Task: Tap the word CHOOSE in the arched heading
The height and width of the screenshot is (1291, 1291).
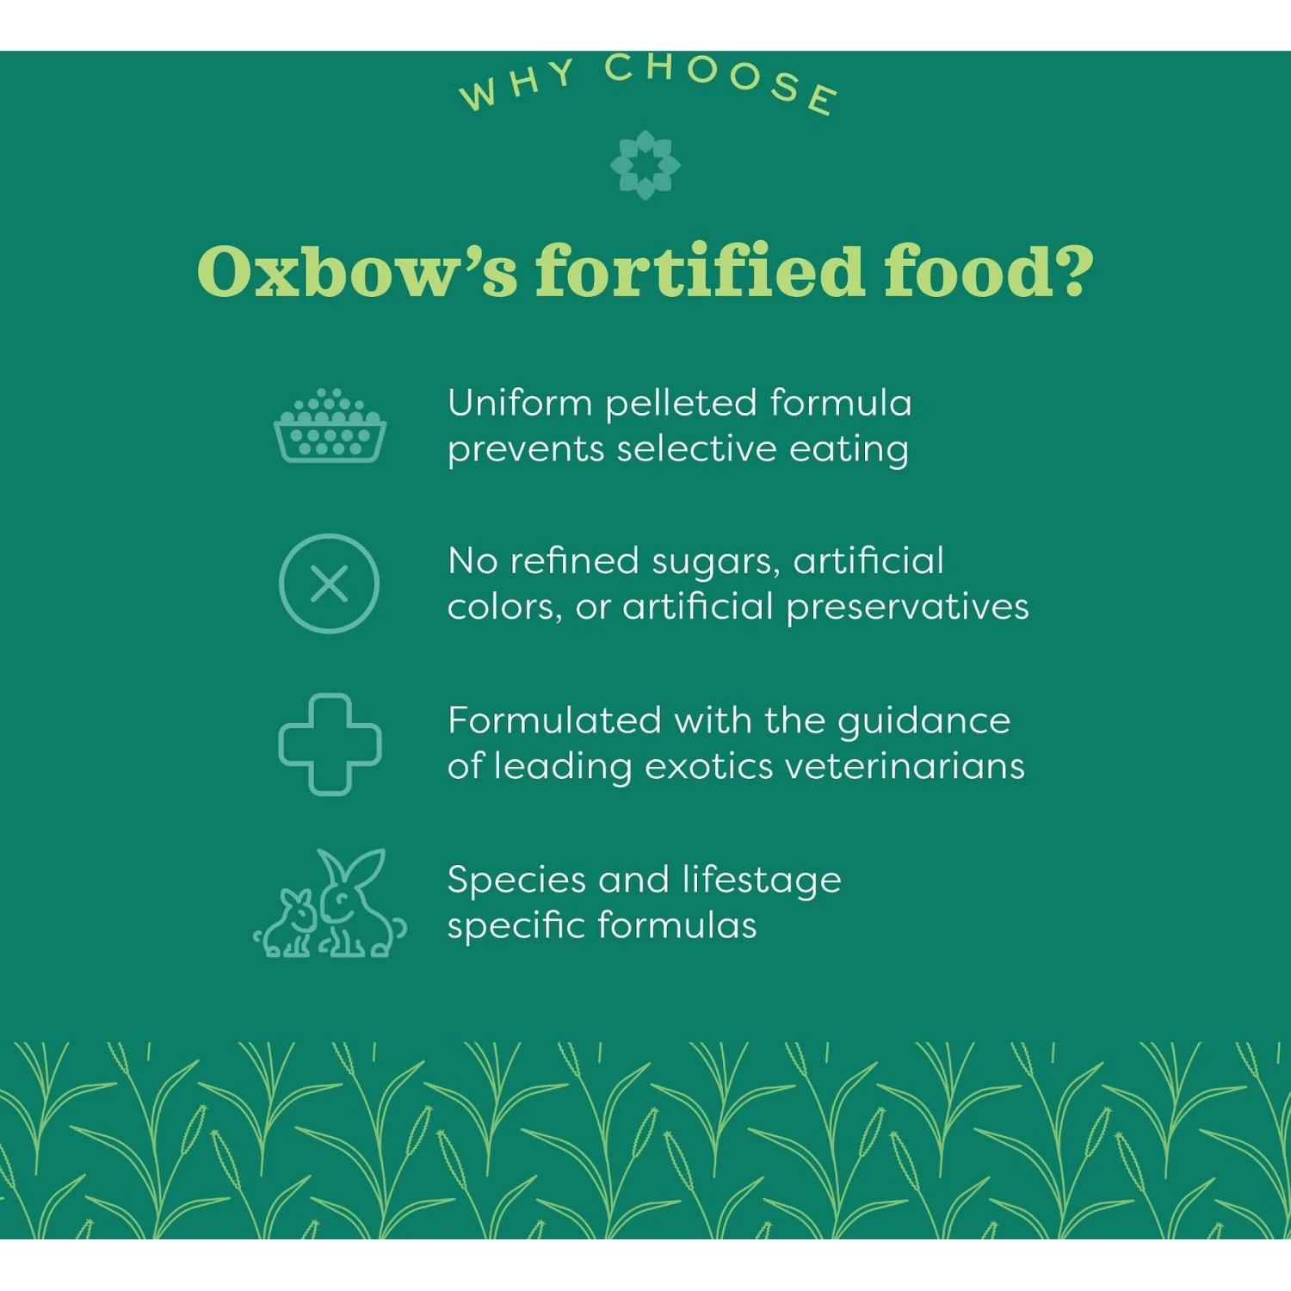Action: coord(721,79)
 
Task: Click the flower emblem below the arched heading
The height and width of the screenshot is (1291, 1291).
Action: coord(645,164)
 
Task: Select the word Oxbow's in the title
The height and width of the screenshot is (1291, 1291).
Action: coord(357,271)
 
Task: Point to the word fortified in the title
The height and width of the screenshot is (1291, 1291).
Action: coord(699,271)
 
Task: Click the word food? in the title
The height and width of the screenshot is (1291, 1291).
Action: coord(989,271)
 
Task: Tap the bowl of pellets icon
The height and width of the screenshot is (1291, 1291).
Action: coord(330,426)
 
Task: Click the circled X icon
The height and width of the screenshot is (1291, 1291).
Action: coord(330,584)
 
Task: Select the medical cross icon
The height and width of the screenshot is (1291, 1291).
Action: coord(330,744)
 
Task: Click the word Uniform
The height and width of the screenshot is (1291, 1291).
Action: coord(520,403)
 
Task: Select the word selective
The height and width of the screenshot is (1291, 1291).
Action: coord(696,449)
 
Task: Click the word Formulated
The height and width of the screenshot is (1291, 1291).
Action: coord(554,721)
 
